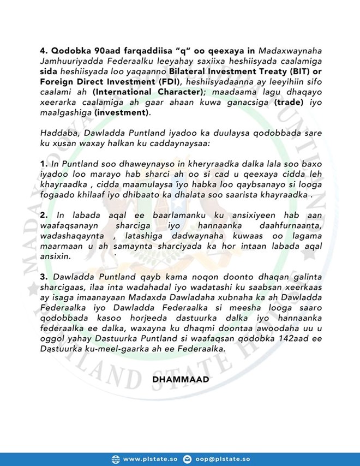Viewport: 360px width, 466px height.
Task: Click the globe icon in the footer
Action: pyautogui.click(x=115, y=458)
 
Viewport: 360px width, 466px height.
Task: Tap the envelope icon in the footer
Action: pyautogui.click(x=188, y=458)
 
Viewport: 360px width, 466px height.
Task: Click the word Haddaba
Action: pyautogui.click(x=57, y=133)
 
